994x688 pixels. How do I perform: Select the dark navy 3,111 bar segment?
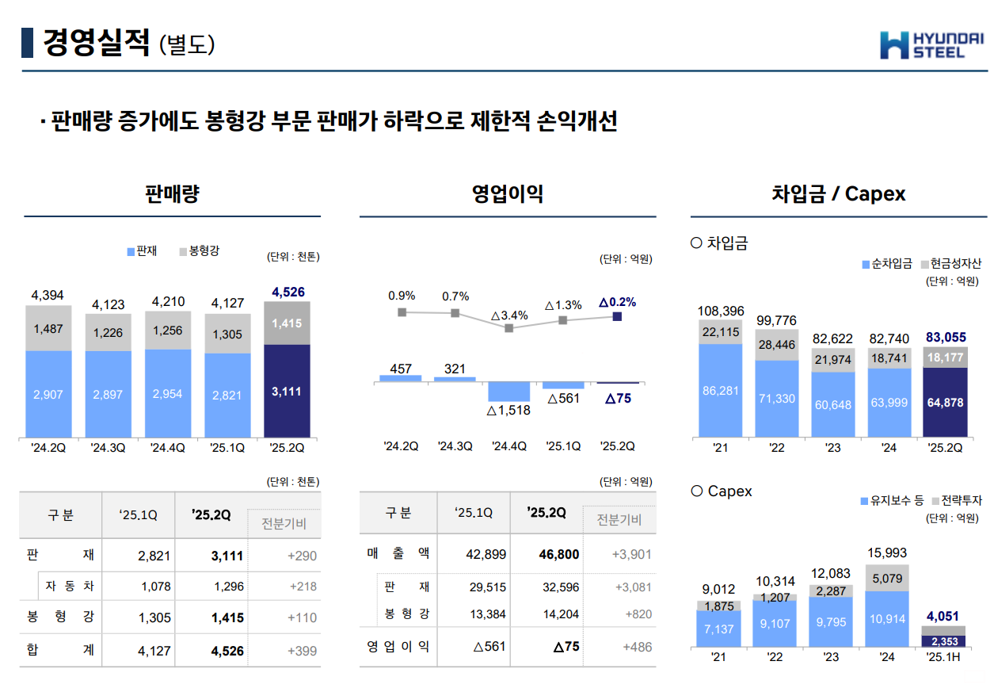tap(287, 391)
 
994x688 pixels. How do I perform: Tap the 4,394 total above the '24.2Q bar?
tap(48, 296)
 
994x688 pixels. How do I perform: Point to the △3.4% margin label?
tap(509, 315)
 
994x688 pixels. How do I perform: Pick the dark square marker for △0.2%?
tap(617, 316)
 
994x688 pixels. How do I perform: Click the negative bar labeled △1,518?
tap(508, 392)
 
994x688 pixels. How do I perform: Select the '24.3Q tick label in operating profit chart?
tap(455, 446)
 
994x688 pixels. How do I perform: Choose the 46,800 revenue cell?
tap(559, 554)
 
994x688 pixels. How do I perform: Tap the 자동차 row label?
tap(70, 587)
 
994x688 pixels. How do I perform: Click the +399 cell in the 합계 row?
tap(302, 651)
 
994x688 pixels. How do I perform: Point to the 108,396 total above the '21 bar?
tap(721, 311)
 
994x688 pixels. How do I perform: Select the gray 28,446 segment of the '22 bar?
tap(777, 345)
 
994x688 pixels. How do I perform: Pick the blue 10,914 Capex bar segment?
tap(888, 619)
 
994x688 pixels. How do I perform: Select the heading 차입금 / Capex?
tap(838, 194)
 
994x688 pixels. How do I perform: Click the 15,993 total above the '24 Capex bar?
tap(887, 552)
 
